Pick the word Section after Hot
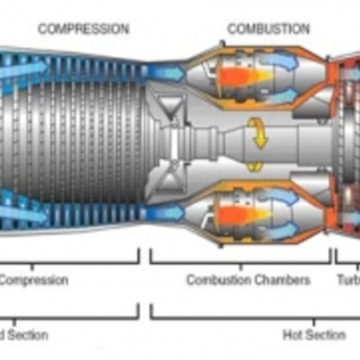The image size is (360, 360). (326, 335)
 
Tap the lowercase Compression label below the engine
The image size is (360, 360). (33, 280)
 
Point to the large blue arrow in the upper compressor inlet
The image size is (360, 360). (22, 66)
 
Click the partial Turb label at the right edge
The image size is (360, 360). (348, 280)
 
